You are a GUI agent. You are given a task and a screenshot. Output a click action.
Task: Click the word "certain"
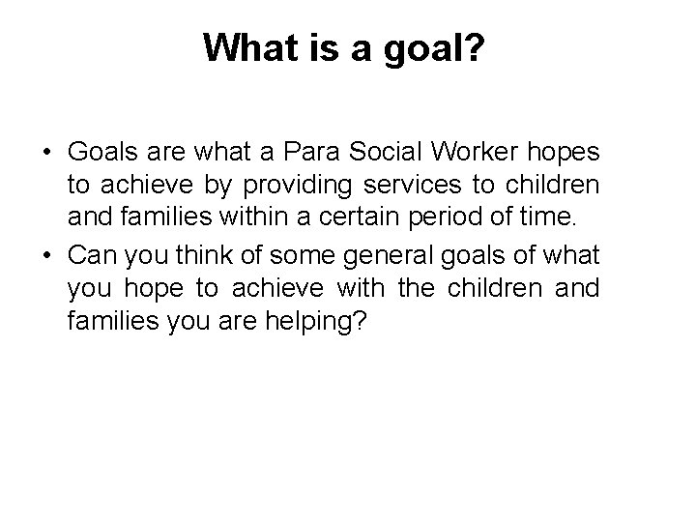[x=340, y=220]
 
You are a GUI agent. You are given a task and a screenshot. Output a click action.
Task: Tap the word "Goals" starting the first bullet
[x=99, y=153]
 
